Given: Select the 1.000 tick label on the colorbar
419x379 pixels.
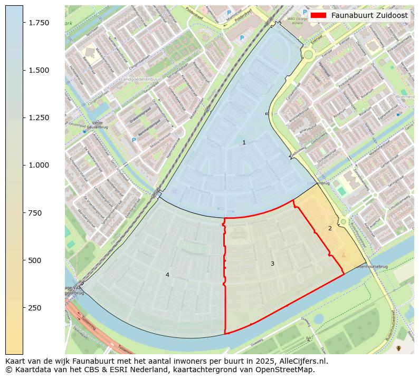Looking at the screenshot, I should [x=38, y=165].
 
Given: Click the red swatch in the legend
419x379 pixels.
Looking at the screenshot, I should [x=319, y=16].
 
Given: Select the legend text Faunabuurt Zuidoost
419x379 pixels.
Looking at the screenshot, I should [x=369, y=16].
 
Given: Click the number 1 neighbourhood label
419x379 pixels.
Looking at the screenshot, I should [x=244, y=143].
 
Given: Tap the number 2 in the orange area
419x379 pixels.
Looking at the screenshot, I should [x=330, y=229].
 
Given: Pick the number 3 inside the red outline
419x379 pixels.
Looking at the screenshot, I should [x=272, y=264].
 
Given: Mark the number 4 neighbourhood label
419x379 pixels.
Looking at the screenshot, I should [x=167, y=275].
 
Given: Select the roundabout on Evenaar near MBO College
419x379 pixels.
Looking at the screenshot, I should [x=308, y=54].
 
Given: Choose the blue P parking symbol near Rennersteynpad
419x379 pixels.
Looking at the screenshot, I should [x=134, y=140].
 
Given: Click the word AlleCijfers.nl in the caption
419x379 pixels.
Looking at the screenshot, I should [x=302, y=362].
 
